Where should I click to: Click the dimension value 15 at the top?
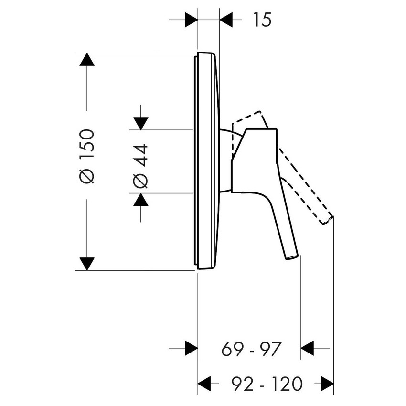pos(261,20)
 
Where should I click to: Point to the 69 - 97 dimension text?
pos(253,348)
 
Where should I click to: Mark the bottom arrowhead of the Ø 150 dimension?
pos(87,263)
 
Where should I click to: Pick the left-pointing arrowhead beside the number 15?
pos(226,20)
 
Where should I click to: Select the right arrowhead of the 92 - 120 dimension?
pos(327,383)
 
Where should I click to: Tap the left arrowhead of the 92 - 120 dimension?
pos(204,383)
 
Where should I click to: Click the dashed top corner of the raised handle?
pos(260,112)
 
